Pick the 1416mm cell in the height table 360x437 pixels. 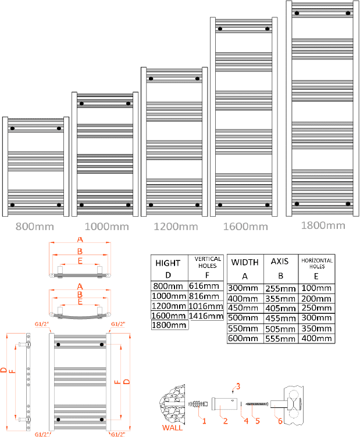point(206,316)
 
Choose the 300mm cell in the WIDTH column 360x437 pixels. point(244,288)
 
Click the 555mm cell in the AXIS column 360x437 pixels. point(280,338)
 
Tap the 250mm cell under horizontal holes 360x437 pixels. point(316,308)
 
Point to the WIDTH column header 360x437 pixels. point(245,262)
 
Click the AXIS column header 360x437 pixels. point(280,262)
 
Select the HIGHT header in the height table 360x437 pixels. point(167,263)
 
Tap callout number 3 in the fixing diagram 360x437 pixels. point(237,385)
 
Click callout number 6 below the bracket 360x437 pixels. point(280,420)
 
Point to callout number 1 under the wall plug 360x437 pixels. point(204,418)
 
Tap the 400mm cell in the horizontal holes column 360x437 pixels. point(316,338)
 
